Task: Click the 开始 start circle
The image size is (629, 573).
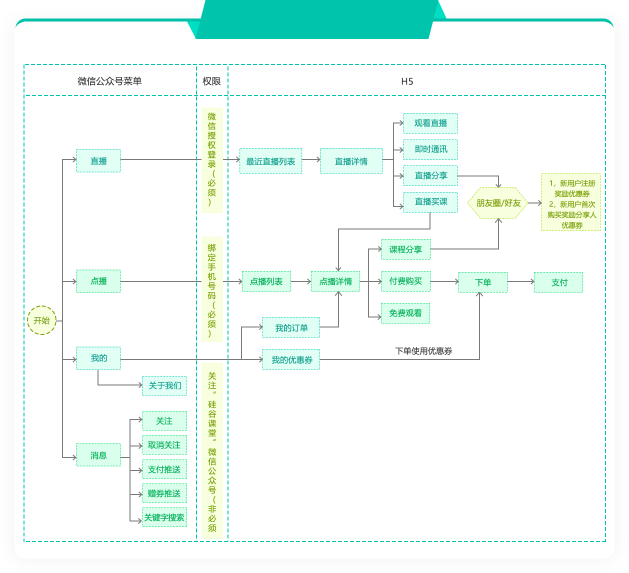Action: pos(42,320)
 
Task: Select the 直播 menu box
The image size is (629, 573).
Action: pos(98,161)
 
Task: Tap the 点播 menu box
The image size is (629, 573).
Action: pos(98,281)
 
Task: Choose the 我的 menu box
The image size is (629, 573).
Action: pos(98,358)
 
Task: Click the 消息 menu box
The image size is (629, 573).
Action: pos(98,455)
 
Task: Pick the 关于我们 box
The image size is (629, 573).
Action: pos(164,385)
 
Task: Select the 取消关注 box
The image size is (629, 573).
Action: pos(164,445)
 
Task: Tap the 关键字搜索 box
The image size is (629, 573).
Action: pos(164,517)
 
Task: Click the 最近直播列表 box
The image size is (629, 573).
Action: pos(270,161)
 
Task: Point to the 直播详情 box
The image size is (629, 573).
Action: pos(351,161)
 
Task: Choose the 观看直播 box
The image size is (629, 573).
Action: pos(430,123)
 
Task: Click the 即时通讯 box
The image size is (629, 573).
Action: pos(430,149)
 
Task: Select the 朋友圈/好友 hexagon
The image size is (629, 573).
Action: pos(498,203)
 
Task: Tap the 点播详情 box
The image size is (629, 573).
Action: pos(335,281)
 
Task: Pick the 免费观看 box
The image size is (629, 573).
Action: pos(405,313)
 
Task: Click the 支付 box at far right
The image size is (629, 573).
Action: pos(558,282)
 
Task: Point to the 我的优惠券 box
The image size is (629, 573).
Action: pos(291,359)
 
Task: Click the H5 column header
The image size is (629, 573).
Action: pos(407,81)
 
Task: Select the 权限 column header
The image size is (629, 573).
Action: pos(211,81)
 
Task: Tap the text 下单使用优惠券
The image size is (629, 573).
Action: pos(423,351)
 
